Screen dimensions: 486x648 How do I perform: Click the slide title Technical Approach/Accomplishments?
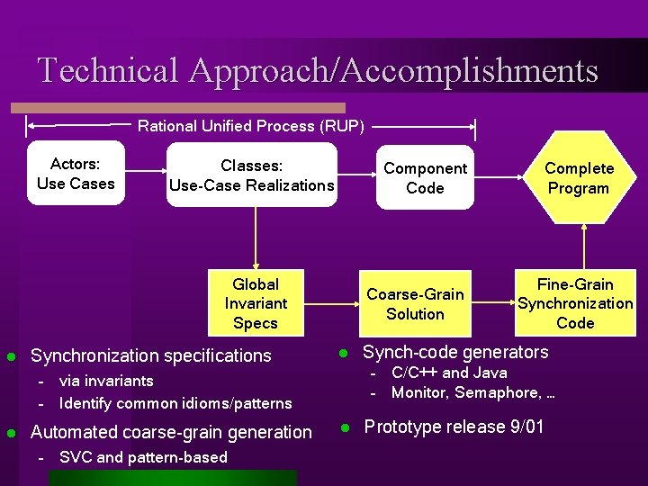(318, 69)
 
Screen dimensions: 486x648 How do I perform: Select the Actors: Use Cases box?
(76, 174)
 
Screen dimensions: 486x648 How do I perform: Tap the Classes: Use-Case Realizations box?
(251, 175)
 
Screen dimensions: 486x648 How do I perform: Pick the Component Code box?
(425, 177)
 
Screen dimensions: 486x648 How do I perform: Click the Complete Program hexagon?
(578, 177)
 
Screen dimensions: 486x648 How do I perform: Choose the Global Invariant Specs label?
(256, 303)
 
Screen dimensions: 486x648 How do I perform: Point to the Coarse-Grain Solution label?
(415, 303)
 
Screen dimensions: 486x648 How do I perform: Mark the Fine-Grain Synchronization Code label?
(575, 303)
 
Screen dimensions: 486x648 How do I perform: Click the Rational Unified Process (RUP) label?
(251, 126)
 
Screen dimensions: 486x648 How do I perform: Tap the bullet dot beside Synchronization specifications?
(12, 355)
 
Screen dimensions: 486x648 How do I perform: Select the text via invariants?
(106, 381)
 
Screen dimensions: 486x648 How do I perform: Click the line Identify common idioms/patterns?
(175, 403)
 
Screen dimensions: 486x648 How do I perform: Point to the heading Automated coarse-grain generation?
(171, 432)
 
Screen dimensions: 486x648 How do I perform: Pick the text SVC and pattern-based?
(143, 457)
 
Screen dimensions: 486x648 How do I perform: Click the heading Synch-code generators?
(454, 352)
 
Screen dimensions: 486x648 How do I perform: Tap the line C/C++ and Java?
(449, 373)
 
